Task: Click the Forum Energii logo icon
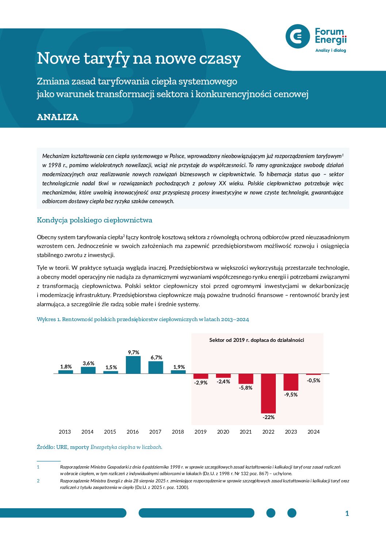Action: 298,36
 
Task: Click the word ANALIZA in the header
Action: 58,117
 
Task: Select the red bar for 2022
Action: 269,393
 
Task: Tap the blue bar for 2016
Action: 133,365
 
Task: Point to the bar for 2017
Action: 156,367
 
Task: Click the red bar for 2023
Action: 291,382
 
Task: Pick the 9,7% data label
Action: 134,352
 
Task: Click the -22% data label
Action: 269,417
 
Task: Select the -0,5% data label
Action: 313,380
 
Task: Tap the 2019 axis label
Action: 200,432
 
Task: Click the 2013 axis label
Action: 65,432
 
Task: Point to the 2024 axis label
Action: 313,432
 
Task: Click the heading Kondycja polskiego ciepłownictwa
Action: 94,220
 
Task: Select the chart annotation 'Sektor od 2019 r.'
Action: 256,340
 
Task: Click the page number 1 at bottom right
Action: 347,513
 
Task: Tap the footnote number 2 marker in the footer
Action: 38,481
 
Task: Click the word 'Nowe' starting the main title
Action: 58,58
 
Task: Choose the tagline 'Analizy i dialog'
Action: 331,51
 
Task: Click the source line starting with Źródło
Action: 99,447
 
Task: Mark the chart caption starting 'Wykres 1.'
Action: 143,319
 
